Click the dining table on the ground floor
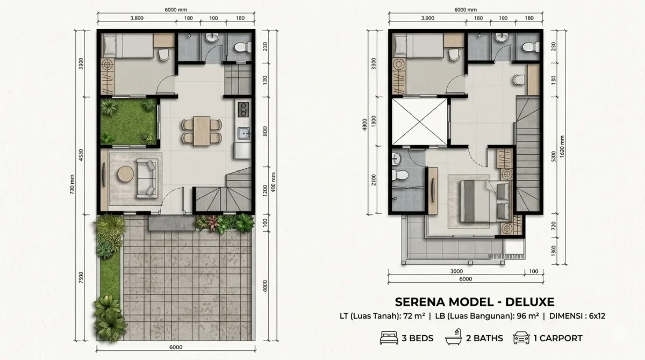pyautogui.click(x=202, y=130)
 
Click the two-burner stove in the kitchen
pyautogui.click(x=242, y=110)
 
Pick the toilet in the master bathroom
pyautogui.click(x=399, y=175)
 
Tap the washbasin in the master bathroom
pyautogui.click(x=397, y=158)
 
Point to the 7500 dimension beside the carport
pyautogui.click(x=81, y=278)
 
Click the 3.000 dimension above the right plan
pyautogui.click(x=428, y=18)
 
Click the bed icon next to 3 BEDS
pyautogui.click(x=388, y=338)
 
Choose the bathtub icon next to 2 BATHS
pyautogui.click(x=453, y=338)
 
